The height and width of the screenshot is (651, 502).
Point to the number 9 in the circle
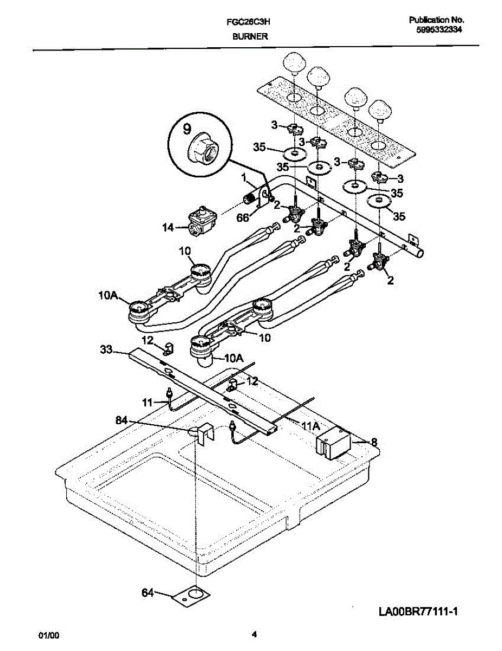pyautogui.click(x=187, y=130)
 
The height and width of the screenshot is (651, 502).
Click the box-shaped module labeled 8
pyautogui.click(x=333, y=439)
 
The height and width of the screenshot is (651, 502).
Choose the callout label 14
pyautogui.click(x=168, y=228)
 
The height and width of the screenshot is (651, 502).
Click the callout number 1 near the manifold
pyautogui.click(x=244, y=177)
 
